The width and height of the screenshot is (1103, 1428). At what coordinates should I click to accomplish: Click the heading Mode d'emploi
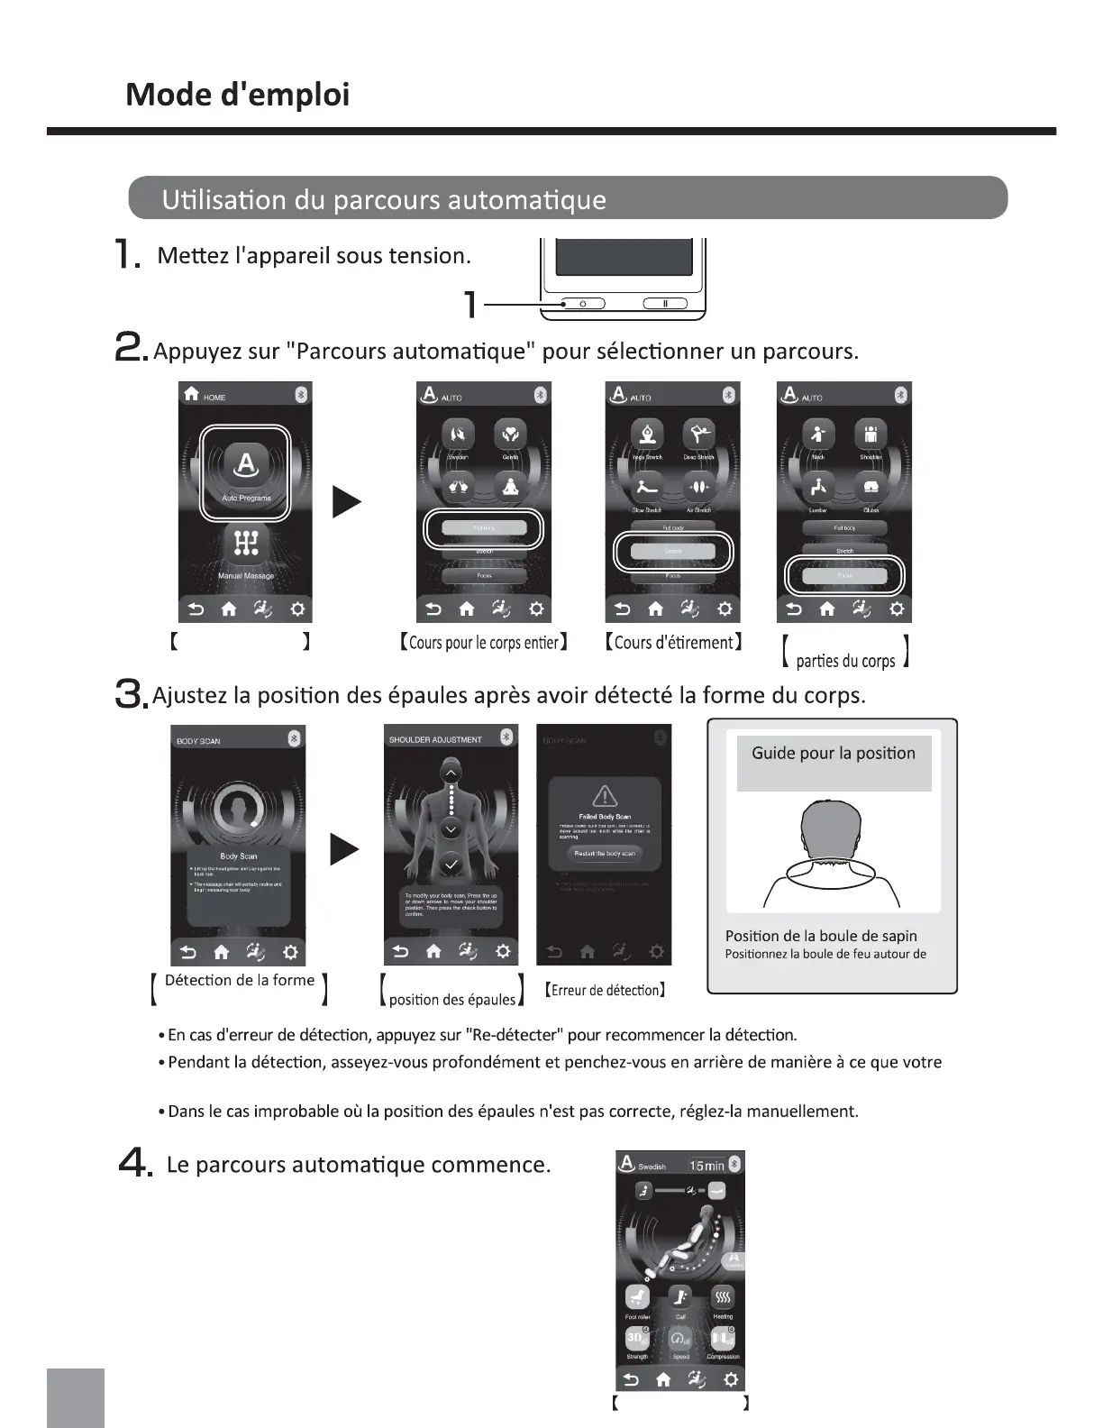click(x=237, y=95)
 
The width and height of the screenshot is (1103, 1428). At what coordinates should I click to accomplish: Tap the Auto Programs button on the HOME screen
click(x=245, y=471)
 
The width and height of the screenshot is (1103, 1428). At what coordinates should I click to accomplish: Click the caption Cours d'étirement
click(x=673, y=642)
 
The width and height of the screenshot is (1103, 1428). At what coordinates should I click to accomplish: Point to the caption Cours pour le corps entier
click(x=483, y=642)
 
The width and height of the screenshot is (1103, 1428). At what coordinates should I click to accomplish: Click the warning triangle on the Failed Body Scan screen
click(x=604, y=795)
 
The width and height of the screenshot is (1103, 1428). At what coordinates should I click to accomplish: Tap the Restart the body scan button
click(x=604, y=853)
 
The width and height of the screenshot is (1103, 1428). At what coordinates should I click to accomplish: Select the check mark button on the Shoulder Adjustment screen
click(x=451, y=865)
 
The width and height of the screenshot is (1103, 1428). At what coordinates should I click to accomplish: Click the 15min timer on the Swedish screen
click(x=706, y=1166)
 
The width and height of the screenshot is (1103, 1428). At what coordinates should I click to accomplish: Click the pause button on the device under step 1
click(x=665, y=304)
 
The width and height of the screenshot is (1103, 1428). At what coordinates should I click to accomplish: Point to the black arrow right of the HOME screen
click(x=347, y=501)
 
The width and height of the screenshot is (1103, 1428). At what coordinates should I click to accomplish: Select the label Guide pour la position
click(x=834, y=754)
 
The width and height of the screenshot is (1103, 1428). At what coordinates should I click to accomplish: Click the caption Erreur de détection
click(x=606, y=990)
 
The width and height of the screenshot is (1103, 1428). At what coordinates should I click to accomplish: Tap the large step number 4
click(x=133, y=1165)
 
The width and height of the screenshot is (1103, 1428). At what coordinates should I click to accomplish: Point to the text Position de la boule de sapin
click(x=821, y=936)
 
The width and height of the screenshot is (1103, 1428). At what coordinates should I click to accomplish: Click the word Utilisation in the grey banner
click(x=224, y=199)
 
